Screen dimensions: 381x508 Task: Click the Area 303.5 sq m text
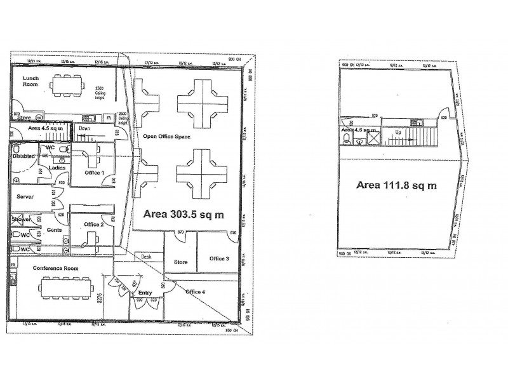tap(184, 215)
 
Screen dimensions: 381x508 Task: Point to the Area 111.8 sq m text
tap(397, 185)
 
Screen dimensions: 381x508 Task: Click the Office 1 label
tap(93, 173)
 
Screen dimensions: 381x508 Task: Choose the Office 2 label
tap(93, 224)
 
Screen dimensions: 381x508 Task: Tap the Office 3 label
tap(219, 258)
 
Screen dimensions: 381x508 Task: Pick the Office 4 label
tap(196, 292)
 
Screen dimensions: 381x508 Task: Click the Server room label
tap(25, 197)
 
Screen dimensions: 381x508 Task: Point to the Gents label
tap(54, 229)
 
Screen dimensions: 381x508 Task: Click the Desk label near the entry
tap(146, 257)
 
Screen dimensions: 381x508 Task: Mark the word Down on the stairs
tap(84, 128)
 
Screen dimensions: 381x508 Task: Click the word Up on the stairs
tap(398, 132)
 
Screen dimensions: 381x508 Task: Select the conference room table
tap(67, 288)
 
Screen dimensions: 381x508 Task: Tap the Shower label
tap(21, 220)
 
